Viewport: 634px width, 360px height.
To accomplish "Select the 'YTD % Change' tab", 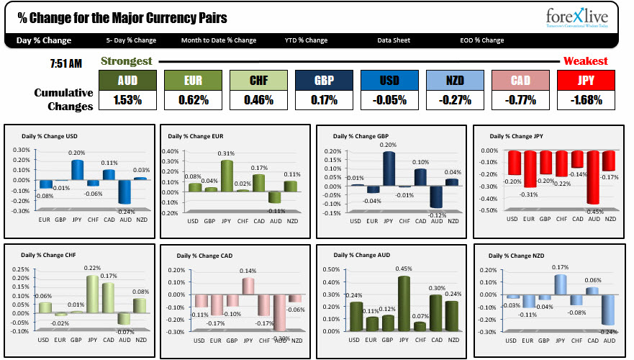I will click(x=306, y=40).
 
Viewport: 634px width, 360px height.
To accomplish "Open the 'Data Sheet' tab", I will click(x=394, y=40).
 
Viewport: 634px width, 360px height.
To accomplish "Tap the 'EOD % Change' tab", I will click(x=482, y=40).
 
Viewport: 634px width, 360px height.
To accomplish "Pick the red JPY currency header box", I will click(x=586, y=81).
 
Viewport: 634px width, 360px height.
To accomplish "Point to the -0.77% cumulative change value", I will click(x=520, y=100).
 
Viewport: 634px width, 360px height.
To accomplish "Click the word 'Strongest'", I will click(x=126, y=61).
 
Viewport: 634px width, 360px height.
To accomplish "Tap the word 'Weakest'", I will click(x=585, y=61).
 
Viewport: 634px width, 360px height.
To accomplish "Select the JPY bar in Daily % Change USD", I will click(x=78, y=170).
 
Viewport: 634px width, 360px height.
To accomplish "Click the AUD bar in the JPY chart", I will click(x=593, y=177).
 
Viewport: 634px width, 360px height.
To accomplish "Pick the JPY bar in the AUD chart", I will click(x=404, y=304).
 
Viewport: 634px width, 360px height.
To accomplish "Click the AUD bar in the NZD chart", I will click(x=609, y=310).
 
